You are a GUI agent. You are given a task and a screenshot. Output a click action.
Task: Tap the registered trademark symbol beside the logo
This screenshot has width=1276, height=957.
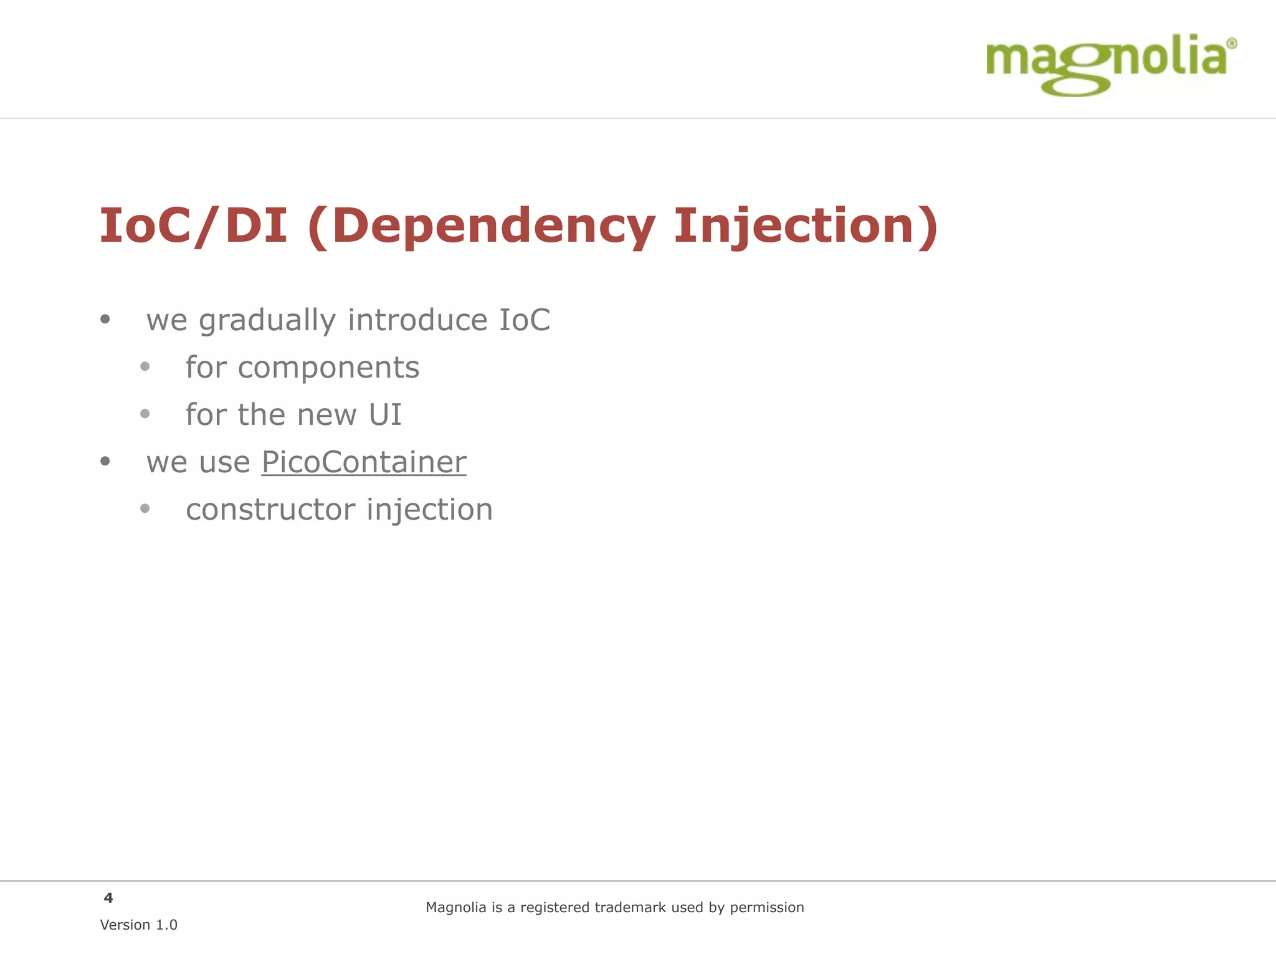pyautogui.click(x=1231, y=44)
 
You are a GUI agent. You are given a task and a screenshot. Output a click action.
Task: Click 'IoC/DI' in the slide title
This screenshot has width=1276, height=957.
pyautogui.click(x=193, y=226)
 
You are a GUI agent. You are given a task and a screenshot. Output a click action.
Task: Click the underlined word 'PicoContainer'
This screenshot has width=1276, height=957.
pyautogui.click(x=363, y=462)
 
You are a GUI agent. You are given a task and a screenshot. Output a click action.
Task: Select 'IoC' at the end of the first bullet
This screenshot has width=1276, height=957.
pyautogui.click(x=524, y=320)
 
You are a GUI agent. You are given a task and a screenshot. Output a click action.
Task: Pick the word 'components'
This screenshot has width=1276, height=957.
pyautogui.click(x=328, y=368)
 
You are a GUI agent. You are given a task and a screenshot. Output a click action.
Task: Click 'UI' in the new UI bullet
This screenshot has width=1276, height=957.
pyautogui.click(x=385, y=415)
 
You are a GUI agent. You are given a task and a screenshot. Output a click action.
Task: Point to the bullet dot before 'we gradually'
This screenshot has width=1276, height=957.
pyautogui.click(x=105, y=320)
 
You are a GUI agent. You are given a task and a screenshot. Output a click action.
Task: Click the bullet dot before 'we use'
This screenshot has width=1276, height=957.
pyautogui.click(x=105, y=462)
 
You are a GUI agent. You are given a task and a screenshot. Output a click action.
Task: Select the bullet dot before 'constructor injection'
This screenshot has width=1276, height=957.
pyautogui.click(x=145, y=509)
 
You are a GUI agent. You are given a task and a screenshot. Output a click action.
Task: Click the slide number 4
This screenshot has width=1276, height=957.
pyautogui.click(x=108, y=898)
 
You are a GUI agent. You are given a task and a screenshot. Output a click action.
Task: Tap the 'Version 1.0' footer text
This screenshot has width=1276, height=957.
pyautogui.click(x=138, y=925)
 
